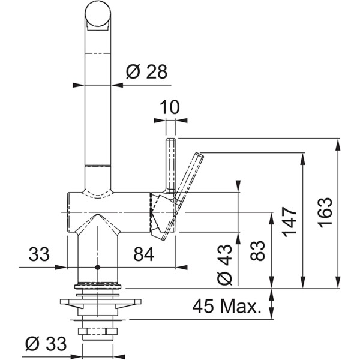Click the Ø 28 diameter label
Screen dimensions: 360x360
click(146, 73)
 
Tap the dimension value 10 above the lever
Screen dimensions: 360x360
click(170, 107)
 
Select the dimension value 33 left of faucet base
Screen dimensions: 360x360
click(39, 254)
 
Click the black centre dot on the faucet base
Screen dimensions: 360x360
click(97, 266)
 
